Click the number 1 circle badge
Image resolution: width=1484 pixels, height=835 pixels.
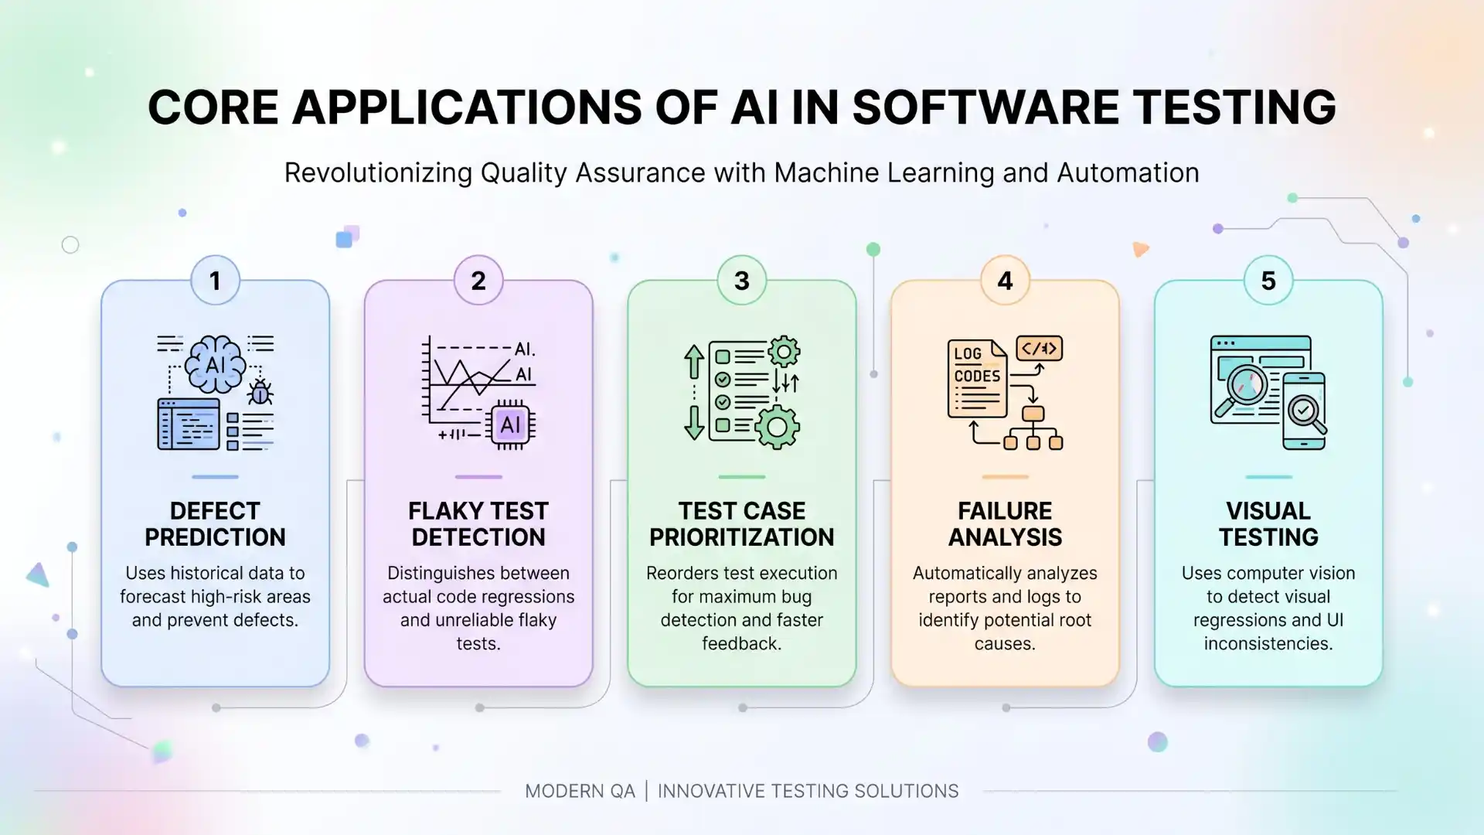point(215,281)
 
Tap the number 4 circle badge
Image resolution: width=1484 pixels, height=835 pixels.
point(1005,281)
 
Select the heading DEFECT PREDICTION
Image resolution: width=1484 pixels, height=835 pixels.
point(215,524)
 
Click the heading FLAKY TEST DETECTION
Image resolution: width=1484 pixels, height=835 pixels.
point(478,524)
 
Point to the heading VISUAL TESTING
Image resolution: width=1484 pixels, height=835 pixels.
point(1268,524)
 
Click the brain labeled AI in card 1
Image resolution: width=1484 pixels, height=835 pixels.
point(215,364)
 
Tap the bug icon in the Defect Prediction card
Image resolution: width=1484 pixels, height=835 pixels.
point(260,393)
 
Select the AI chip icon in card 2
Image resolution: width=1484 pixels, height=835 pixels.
point(510,424)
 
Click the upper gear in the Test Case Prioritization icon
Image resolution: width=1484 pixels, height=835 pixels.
point(784,352)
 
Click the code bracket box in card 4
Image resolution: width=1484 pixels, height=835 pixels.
point(1039,349)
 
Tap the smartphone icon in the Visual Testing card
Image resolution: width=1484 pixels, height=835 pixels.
point(1304,411)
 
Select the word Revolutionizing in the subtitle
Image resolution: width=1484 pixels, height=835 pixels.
point(378,173)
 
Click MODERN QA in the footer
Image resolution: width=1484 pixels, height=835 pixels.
point(580,791)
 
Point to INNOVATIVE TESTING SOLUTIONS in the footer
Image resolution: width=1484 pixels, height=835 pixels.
point(808,791)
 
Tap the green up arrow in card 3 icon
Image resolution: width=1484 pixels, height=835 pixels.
point(693,362)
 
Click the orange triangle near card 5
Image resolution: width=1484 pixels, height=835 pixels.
point(1140,249)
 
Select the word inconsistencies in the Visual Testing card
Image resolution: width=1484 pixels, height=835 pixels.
point(1268,643)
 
